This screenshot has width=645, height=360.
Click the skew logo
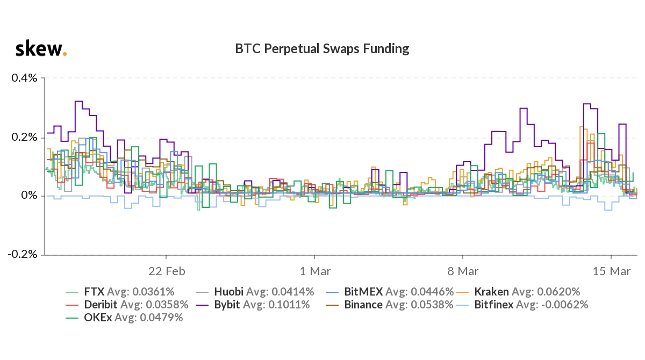(41, 49)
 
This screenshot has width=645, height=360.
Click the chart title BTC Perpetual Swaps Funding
(322, 49)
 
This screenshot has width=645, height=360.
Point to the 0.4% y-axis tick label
(24, 78)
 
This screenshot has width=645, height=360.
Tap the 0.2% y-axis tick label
(24, 137)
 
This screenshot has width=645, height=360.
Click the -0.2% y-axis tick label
(23, 254)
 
